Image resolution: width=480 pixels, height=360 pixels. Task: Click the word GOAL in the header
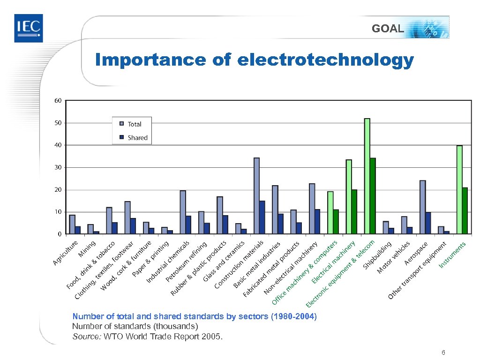(387, 29)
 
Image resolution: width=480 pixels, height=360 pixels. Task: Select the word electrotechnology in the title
(326, 60)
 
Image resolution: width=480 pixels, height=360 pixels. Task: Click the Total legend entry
(134, 124)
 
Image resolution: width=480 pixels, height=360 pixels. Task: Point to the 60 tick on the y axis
(58, 101)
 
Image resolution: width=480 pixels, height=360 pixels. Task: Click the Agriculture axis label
(65, 253)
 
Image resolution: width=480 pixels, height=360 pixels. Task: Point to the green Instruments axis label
(452, 255)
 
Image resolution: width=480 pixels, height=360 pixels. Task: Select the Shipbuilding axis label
(377, 255)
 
